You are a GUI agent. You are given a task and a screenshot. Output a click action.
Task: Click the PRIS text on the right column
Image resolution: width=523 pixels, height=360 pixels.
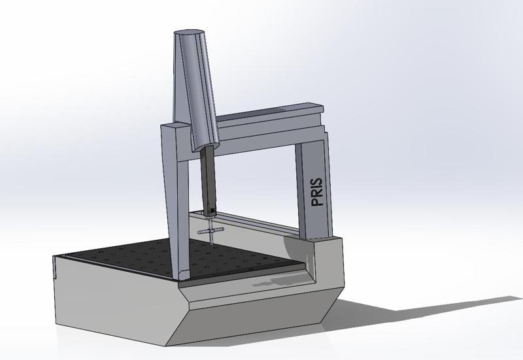(x=318, y=189)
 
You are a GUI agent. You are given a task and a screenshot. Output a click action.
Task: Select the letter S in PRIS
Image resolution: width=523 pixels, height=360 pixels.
(x=318, y=176)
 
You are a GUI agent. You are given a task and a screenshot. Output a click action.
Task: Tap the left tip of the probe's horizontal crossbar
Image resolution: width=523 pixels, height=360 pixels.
(x=199, y=233)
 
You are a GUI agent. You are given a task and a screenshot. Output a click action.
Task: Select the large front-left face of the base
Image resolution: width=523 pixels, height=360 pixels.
(x=111, y=304)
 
